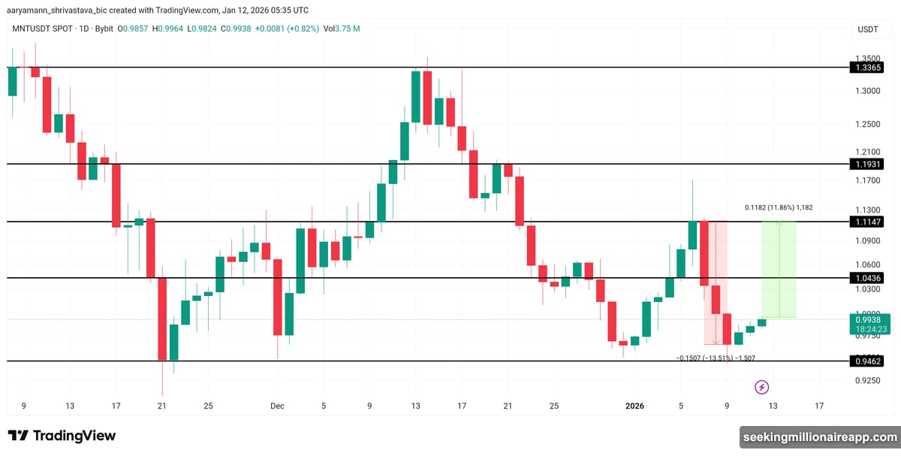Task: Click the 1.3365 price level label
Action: tap(866, 68)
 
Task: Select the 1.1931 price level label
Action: tap(866, 164)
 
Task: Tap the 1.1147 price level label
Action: tap(866, 222)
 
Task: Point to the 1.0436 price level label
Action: tap(866, 278)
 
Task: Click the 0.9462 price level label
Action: tap(866, 361)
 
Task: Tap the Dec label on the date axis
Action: tap(277, 406)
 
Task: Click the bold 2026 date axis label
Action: tap(634, 406)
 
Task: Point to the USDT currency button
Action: tap(868, 29)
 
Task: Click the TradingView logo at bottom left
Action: tap(62, 436)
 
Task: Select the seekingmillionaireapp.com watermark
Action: tap(819, 436)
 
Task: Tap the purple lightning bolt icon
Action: tap(761, 387)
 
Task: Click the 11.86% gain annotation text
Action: tap(779, 207)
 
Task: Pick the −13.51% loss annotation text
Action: tap(716, 358)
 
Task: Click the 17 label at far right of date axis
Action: tap(818, 406)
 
